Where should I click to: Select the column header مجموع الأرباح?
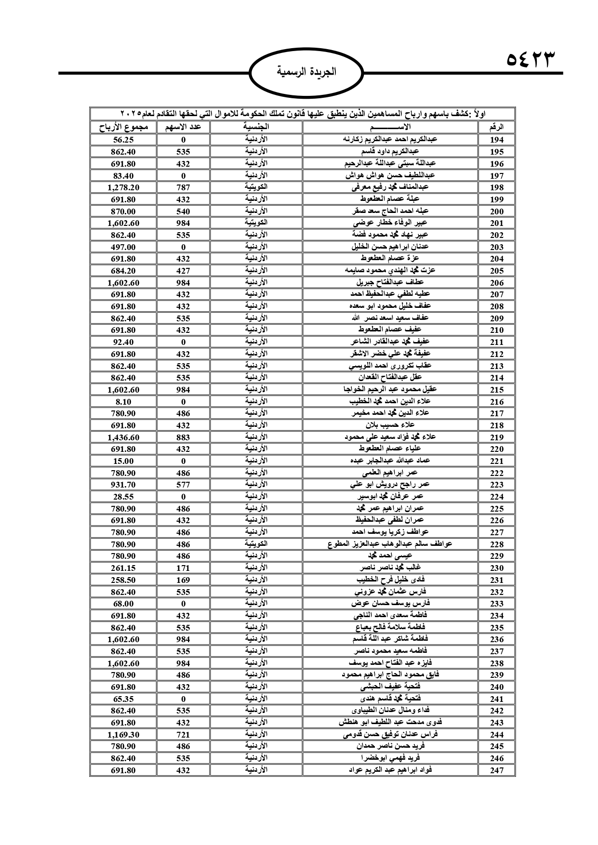click(123, 128)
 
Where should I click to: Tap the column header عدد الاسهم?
click(183, 128)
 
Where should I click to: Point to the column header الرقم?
click(496, 128)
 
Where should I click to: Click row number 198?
click(496, 187)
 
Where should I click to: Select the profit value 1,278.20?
click(123, 187)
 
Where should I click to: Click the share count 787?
click(183, 187)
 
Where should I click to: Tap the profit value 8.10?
click(123, 402)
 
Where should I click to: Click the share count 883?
click(183, 437)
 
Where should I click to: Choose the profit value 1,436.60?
click(123, 437)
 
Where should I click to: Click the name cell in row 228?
click(389, 544)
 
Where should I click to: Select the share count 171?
click(183, 568)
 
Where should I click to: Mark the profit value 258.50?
click(123, 580)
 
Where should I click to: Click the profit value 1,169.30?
click(123, 735)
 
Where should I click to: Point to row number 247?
click(496, 770)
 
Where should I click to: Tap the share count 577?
click(183, 485)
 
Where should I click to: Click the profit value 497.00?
click(123, 247)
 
